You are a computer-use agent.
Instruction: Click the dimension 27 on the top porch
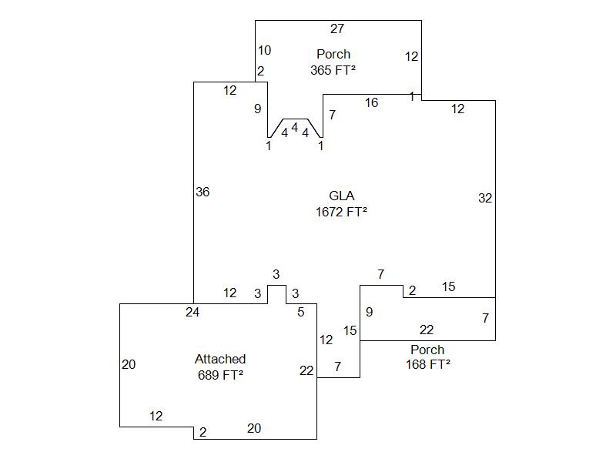pos(337,29)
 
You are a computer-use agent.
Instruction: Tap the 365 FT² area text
pos(333,70)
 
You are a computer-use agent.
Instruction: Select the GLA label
pos(341,196)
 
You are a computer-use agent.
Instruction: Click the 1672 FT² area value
pos(341,212)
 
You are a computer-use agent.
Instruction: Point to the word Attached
pos(220,359)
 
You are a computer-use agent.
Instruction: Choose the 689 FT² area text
pos(220,375)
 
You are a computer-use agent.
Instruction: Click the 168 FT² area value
pos(428,364)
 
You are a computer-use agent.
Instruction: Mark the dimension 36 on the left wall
pos(203,192)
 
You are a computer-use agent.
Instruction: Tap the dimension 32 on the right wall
pos(485,198)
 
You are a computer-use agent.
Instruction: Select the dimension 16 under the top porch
pos(371,102)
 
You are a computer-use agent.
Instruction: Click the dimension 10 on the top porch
pos(264,51)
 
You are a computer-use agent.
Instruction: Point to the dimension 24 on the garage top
pos(192,312)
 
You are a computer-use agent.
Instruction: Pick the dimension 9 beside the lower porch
pos(370,312)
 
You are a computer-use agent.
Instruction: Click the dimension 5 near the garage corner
pos(301,312)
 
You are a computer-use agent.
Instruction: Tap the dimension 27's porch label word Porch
pos(333,54)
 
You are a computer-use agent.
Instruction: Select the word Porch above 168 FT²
pos(427,350)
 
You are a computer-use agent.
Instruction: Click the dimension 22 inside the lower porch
pos(427,330)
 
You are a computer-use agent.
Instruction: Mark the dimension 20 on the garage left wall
pos(129,365)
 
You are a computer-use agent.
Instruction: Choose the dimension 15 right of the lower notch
pos(448,287)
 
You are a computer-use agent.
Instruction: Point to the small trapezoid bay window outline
pos(295,121)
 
